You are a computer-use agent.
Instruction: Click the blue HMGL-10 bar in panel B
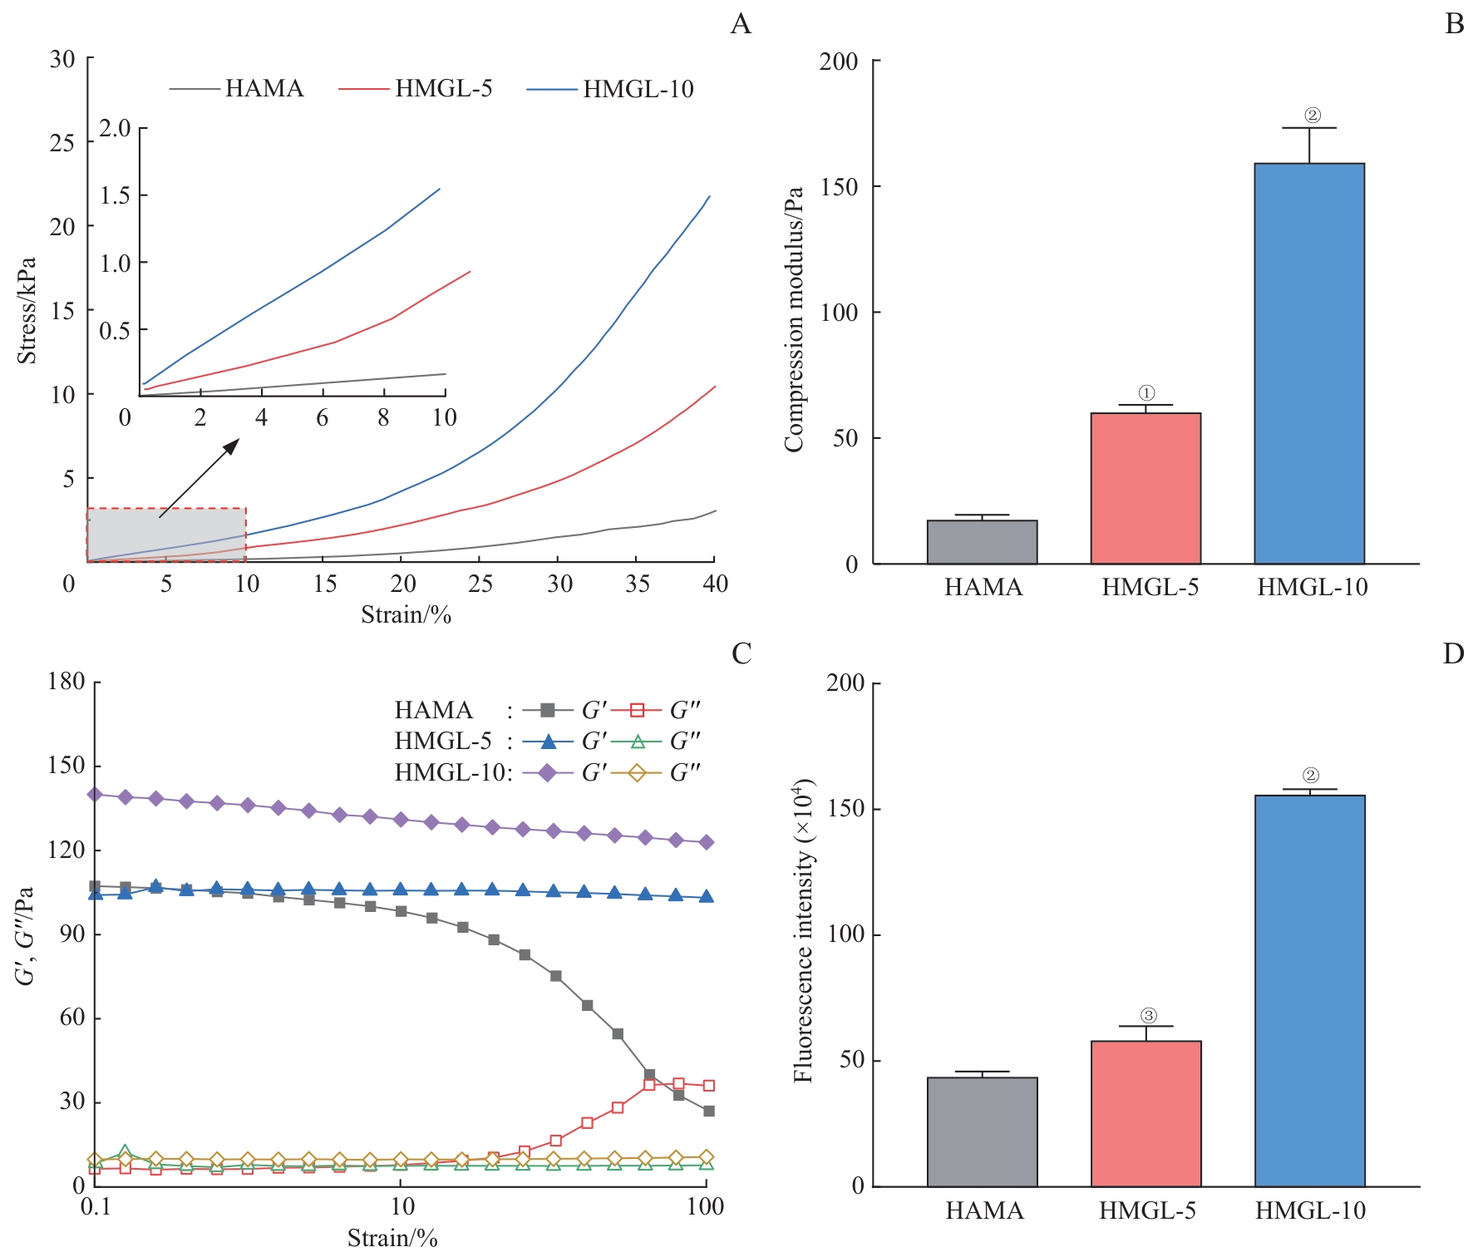(1309, 363)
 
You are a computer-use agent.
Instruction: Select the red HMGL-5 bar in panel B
(1145, 488)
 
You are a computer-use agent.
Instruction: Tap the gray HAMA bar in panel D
(982, 1131)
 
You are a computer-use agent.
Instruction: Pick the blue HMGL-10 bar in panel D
(1309, 990)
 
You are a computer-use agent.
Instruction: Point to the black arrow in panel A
(199, 478)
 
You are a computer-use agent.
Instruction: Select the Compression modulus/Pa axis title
(794, 319)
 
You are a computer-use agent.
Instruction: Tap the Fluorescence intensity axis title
(803, 931)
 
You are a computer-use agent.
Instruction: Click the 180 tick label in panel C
(67, 682)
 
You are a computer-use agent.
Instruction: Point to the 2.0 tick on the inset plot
(115, 128)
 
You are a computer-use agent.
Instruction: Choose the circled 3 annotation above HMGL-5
(1148, 1015)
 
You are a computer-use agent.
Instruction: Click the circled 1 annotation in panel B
(1146, 393)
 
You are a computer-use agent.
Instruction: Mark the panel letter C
(741, 654)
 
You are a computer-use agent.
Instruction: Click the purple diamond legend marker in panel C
(548, 773)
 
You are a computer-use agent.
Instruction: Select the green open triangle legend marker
(638, 741)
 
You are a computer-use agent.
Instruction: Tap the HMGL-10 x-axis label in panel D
(1310, 1210)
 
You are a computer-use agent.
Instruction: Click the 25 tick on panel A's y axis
(62, 143)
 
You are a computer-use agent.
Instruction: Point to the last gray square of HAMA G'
(708, 1111)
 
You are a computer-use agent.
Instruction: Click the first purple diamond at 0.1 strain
(95, 794)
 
